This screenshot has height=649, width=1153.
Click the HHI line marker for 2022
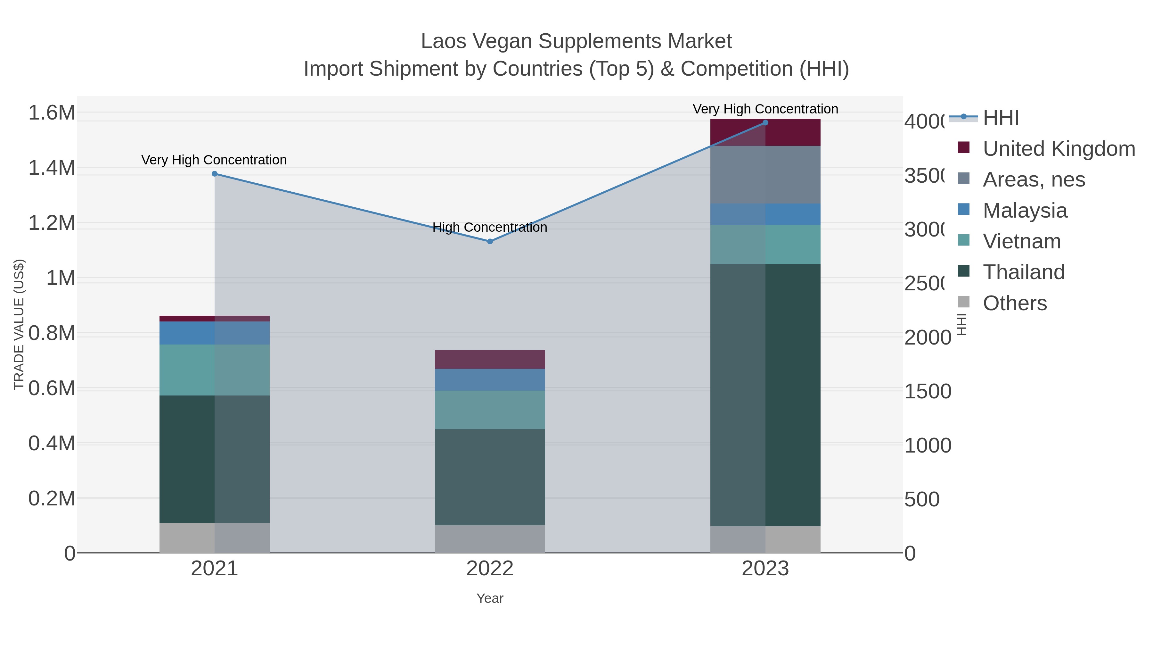pos(490,241)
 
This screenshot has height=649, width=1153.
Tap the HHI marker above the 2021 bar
pos(214,174)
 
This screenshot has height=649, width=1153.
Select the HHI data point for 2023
pos(765,123)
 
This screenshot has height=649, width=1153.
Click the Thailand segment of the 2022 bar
pos(490,477)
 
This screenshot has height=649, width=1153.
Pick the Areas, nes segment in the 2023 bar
pos(765,175)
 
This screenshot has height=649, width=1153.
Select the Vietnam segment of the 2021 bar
pos(214,370)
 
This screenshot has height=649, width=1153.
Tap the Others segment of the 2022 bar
pos(490,539)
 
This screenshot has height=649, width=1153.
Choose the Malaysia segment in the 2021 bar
pos(214,333)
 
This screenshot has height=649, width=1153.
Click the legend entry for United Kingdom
pos(1059,149)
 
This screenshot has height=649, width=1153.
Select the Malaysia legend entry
pos(1025,211)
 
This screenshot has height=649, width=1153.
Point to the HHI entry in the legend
pos(1001,118)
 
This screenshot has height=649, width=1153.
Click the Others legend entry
pos(1014,303)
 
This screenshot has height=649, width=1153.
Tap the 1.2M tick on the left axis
pos(52,223)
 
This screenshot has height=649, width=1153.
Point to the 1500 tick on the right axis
pos(928,391)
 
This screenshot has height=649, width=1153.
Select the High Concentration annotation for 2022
pos(490,228)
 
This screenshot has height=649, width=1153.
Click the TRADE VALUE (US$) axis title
pos(19,324)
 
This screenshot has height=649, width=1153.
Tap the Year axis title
pos(490,598)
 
